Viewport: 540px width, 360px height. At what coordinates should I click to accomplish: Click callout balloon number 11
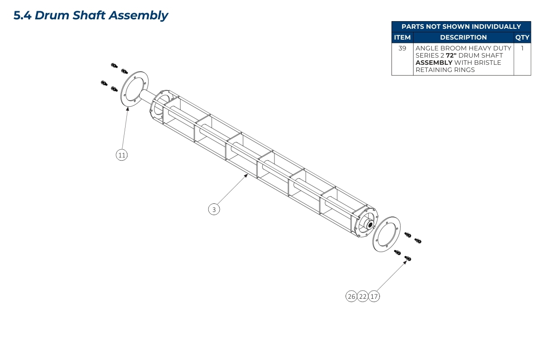[121, 155]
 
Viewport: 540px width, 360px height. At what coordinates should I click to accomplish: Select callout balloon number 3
[214, 209]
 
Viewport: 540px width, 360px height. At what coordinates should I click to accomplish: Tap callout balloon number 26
[351, 296]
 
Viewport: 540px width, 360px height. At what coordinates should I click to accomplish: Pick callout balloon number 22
[363, 296]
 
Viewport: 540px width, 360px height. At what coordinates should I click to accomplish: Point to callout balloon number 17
[374, 296]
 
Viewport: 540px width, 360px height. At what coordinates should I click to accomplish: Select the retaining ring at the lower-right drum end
[387, 234]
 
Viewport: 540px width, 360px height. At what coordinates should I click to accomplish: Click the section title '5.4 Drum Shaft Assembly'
[90, 15]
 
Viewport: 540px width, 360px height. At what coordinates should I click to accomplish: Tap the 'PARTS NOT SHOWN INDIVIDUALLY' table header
[461, 27]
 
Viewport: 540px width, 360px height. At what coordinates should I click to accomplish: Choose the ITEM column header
[402, 38]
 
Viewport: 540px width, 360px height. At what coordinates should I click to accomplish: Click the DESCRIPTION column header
[463, 38]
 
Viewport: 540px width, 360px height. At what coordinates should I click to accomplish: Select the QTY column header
[522, 38]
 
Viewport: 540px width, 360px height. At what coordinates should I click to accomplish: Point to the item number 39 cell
[402, 48]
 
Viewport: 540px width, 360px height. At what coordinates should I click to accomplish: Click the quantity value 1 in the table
[522, 48]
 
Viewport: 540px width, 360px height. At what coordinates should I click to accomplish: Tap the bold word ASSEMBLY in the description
[433, 63]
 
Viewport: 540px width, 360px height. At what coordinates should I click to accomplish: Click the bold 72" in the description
[451, 55]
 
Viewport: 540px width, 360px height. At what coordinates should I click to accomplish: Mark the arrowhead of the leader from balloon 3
[247, 175]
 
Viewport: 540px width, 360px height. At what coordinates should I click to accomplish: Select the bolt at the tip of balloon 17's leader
[409, 258]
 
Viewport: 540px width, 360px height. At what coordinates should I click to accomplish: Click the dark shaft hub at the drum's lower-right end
[370, 225]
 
